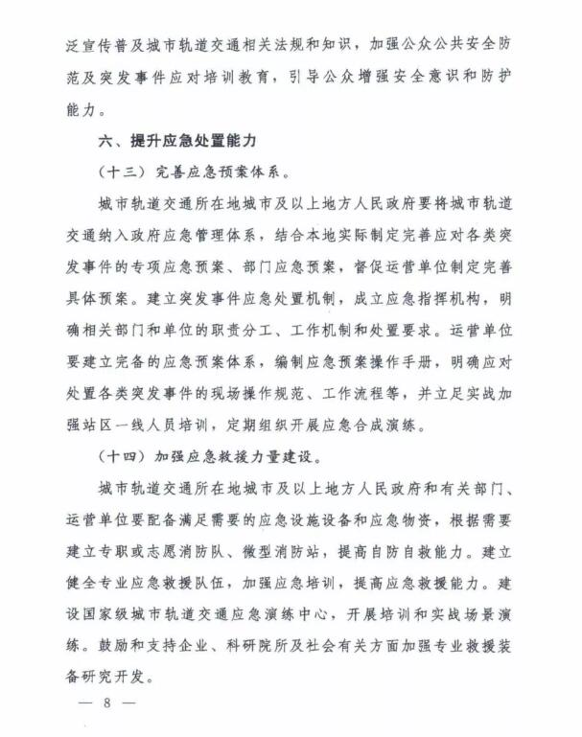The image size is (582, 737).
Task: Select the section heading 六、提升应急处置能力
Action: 177,141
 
